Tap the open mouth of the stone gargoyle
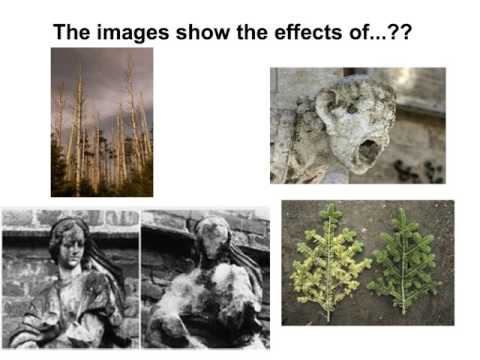click(368, 150)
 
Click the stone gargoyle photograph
click(357, 126)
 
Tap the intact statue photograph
click(70, 278)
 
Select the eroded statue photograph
click(205, 278)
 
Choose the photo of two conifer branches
click(367, 262)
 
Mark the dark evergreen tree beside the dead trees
click(61, 170)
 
